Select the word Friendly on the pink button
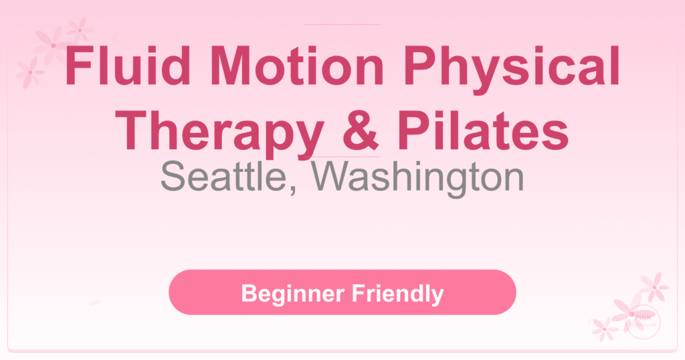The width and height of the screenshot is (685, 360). (401, 293)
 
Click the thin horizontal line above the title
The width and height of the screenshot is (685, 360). (342, 25)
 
